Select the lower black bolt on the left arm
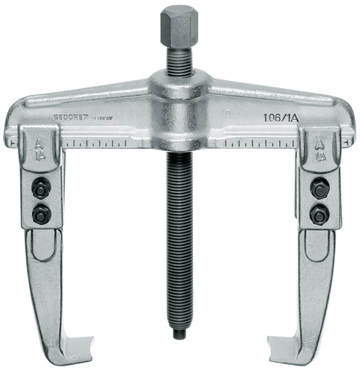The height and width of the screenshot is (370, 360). (x=39, y=215)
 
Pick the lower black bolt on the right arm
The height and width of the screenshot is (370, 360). (x=320, y=216)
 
